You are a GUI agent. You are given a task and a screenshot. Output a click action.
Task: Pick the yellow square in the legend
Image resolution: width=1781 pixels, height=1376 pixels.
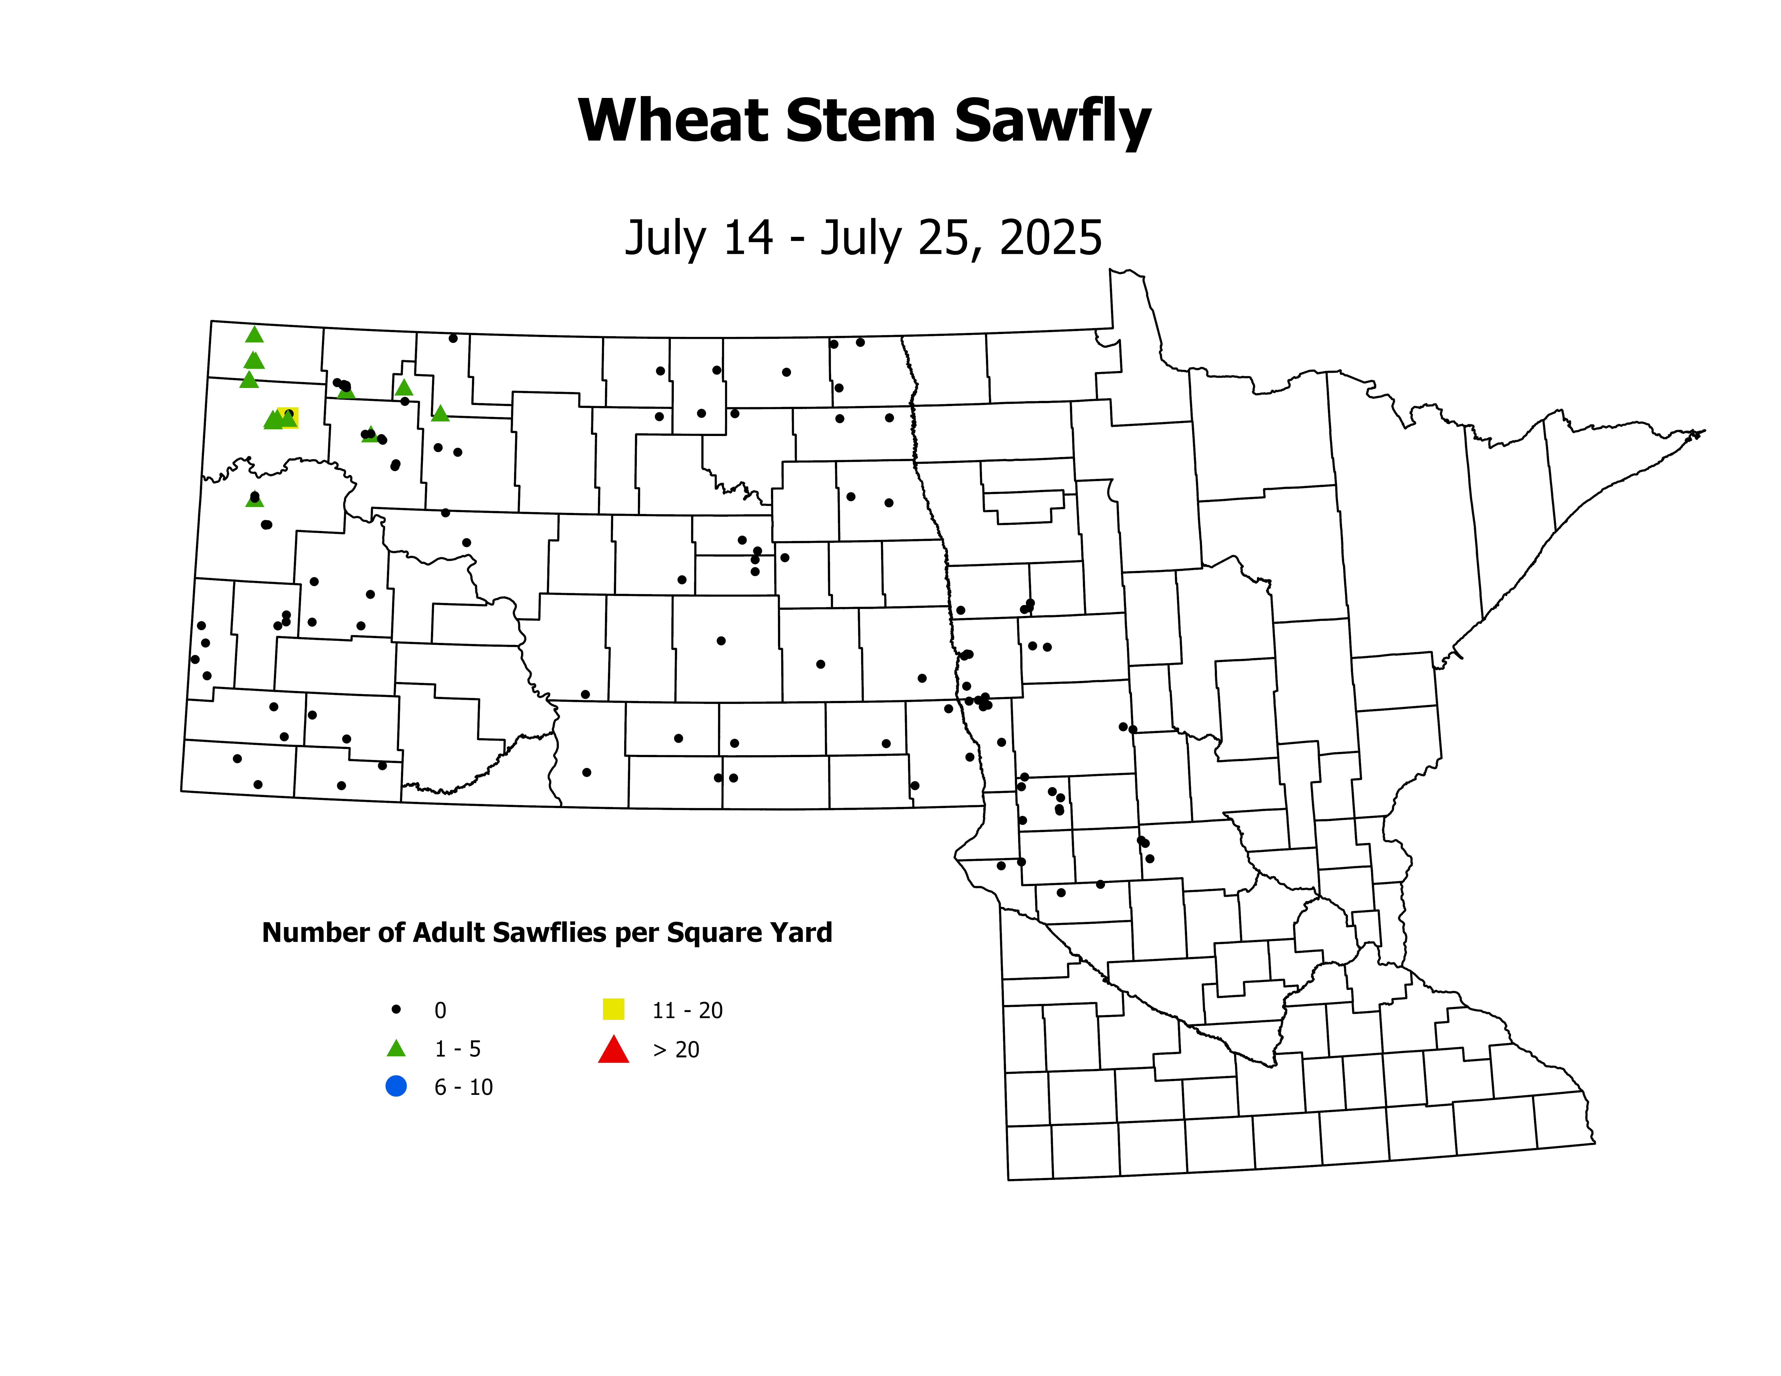pos(613,1009)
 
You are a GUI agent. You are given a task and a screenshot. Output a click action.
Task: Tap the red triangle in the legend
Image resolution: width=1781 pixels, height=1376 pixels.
pos(613,1050)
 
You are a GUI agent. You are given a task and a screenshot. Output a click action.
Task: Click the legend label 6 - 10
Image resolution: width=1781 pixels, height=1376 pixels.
pos(463,1087)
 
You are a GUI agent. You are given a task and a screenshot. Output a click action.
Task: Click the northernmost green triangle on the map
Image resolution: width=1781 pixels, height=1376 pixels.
pos(254,334)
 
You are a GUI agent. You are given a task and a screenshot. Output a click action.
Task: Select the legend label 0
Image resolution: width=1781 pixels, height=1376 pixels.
pos(440,1011)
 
